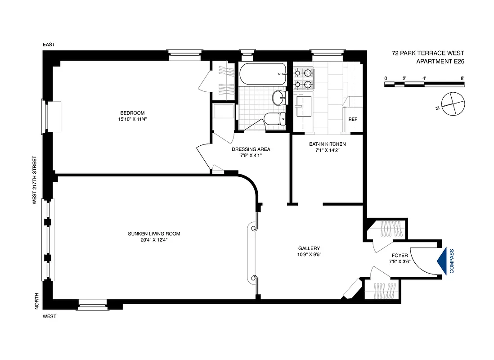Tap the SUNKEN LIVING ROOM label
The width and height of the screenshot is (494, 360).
coord(154,234)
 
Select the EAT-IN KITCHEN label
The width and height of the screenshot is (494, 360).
coord(327,144)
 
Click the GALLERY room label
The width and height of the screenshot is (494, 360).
coord(309,248)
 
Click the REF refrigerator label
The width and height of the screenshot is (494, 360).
coord(353,119)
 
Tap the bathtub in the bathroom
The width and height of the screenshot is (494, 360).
coord(262,74)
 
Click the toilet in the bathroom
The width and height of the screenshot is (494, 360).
coord(274,119)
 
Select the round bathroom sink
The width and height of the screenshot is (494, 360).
coord(278,97)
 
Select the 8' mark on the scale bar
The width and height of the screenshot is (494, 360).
coord(463,78)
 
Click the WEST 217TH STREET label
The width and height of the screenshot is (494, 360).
coord(34,180)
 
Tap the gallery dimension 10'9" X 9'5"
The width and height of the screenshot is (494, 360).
coord(309,255)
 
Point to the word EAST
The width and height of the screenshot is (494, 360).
coord(49,45)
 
